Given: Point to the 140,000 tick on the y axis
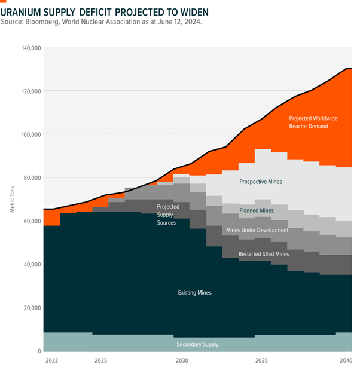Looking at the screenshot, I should [30, 48].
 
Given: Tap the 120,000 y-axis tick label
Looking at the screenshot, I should [30, 91].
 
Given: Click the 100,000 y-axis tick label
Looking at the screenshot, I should [30, 134].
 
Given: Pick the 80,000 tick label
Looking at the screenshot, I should [31, 178].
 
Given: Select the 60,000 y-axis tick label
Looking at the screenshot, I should [31, 221].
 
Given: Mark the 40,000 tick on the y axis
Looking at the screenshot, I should [31, 265].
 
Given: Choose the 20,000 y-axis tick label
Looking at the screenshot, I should [31, 308].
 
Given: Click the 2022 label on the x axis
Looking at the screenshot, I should [51, 361].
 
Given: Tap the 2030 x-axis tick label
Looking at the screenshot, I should [182, 361].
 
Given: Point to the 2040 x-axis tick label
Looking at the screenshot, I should [344, 361].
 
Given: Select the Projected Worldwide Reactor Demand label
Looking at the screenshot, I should [313, 122].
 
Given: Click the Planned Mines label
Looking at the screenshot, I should [257, 210].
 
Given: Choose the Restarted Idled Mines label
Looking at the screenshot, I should [264, 254].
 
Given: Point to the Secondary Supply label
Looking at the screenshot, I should [197, 344].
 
